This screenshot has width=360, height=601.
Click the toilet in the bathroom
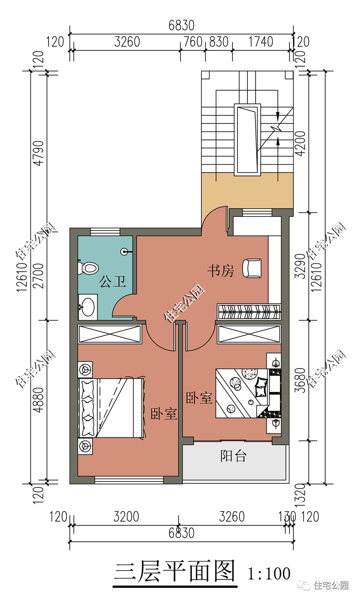(88, 268)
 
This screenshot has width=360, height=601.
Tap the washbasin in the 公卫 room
(87, 307)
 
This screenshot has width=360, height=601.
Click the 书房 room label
(221, 270)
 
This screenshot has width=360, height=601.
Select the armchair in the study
(252, 268)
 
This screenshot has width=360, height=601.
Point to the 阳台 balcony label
(233, 456)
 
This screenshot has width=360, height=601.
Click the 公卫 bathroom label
(113, 281)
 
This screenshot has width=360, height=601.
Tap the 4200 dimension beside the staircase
(300, 143)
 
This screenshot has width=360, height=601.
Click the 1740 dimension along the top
(261, 42)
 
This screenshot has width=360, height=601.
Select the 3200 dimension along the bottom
(126, 517)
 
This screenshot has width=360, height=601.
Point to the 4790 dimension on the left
(38, 153)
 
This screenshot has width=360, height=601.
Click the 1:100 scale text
(269, 573)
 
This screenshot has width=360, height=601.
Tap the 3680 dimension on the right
(300, 381)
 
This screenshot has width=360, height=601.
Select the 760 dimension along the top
(193, 42)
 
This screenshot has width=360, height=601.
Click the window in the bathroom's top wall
(105, 232)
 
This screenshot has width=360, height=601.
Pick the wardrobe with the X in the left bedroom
(110, 334)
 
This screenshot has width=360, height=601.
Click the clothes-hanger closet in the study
(249, 311)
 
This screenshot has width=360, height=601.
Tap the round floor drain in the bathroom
(124, 252)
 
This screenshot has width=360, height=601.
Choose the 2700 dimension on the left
(38, 276)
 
